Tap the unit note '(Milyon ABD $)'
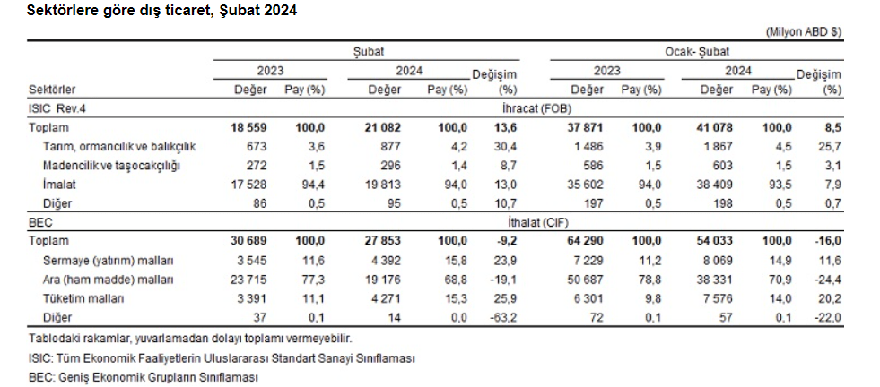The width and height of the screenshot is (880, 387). click(x=804, y=31)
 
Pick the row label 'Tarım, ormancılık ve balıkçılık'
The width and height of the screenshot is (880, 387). click(x=119, y=147)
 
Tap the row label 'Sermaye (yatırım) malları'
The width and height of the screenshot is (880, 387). click(x=109, y=260)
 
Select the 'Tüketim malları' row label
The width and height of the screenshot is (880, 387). click(x=85, y=297)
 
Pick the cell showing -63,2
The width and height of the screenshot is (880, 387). click(x=504, y=317)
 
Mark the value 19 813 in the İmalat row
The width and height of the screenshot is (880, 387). click(x=384, y=185)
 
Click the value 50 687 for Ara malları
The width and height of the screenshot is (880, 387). click(x=586, y=279)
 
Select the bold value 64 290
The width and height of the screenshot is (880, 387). click(x=584, y=242)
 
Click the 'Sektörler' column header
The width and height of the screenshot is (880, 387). click(x=52, y=90)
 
